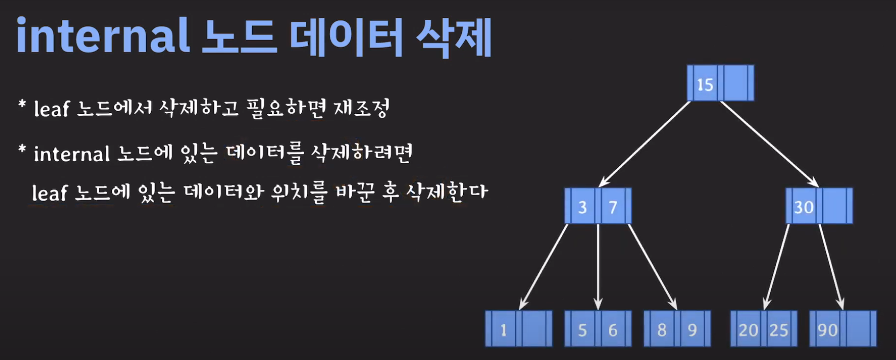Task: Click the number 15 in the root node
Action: tap(705, 84)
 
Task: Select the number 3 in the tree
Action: tap(582, 207)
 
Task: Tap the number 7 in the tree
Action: tap(613, 207)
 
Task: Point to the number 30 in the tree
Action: tap(804, 207)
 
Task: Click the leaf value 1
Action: tap(503, 330)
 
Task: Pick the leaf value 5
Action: tap(582, 330)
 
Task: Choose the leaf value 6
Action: tap(613, 330)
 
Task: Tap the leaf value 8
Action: tap(662, 330)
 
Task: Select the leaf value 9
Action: tap(692, 330)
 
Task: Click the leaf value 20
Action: tap(748, 330)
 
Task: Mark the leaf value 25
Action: tap(779, 330)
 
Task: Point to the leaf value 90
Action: tap(827, 330)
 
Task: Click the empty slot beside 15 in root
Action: tap(735, 83)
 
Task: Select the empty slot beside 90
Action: tap(858, 329)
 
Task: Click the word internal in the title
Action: tap(103, 36)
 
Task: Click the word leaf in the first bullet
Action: tap(52, 108)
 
